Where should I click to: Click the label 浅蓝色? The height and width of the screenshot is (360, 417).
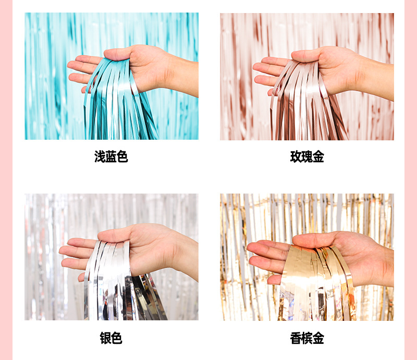click(x=111, y=157)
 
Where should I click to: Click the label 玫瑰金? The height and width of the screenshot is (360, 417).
click(x=307, y=157)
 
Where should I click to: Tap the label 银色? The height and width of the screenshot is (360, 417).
click(x=111, y=338)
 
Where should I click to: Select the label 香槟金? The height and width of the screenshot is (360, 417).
click(x=307, y=338)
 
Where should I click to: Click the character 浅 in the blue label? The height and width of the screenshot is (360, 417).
click(x=100, y=157)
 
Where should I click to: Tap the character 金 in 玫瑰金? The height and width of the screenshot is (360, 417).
click(x=318, y=157)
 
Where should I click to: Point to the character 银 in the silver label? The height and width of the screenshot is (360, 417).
click(x=105, y=338)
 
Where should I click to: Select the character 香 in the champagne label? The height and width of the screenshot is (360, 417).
click(x=296, y=338)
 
